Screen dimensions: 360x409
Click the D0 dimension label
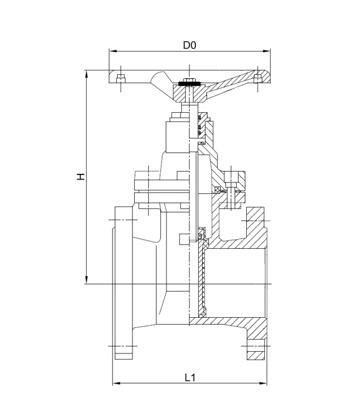pos(190,45)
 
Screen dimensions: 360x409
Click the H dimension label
pos(81,177)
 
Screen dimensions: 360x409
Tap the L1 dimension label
pos(190,377)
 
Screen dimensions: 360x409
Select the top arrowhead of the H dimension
pos(87,74)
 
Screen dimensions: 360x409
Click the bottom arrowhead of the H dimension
pos(87,280)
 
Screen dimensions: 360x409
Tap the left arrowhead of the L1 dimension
pos(116,383)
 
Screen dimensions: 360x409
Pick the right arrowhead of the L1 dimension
pos(263,383)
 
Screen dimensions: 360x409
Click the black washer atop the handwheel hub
pos(189,84)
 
